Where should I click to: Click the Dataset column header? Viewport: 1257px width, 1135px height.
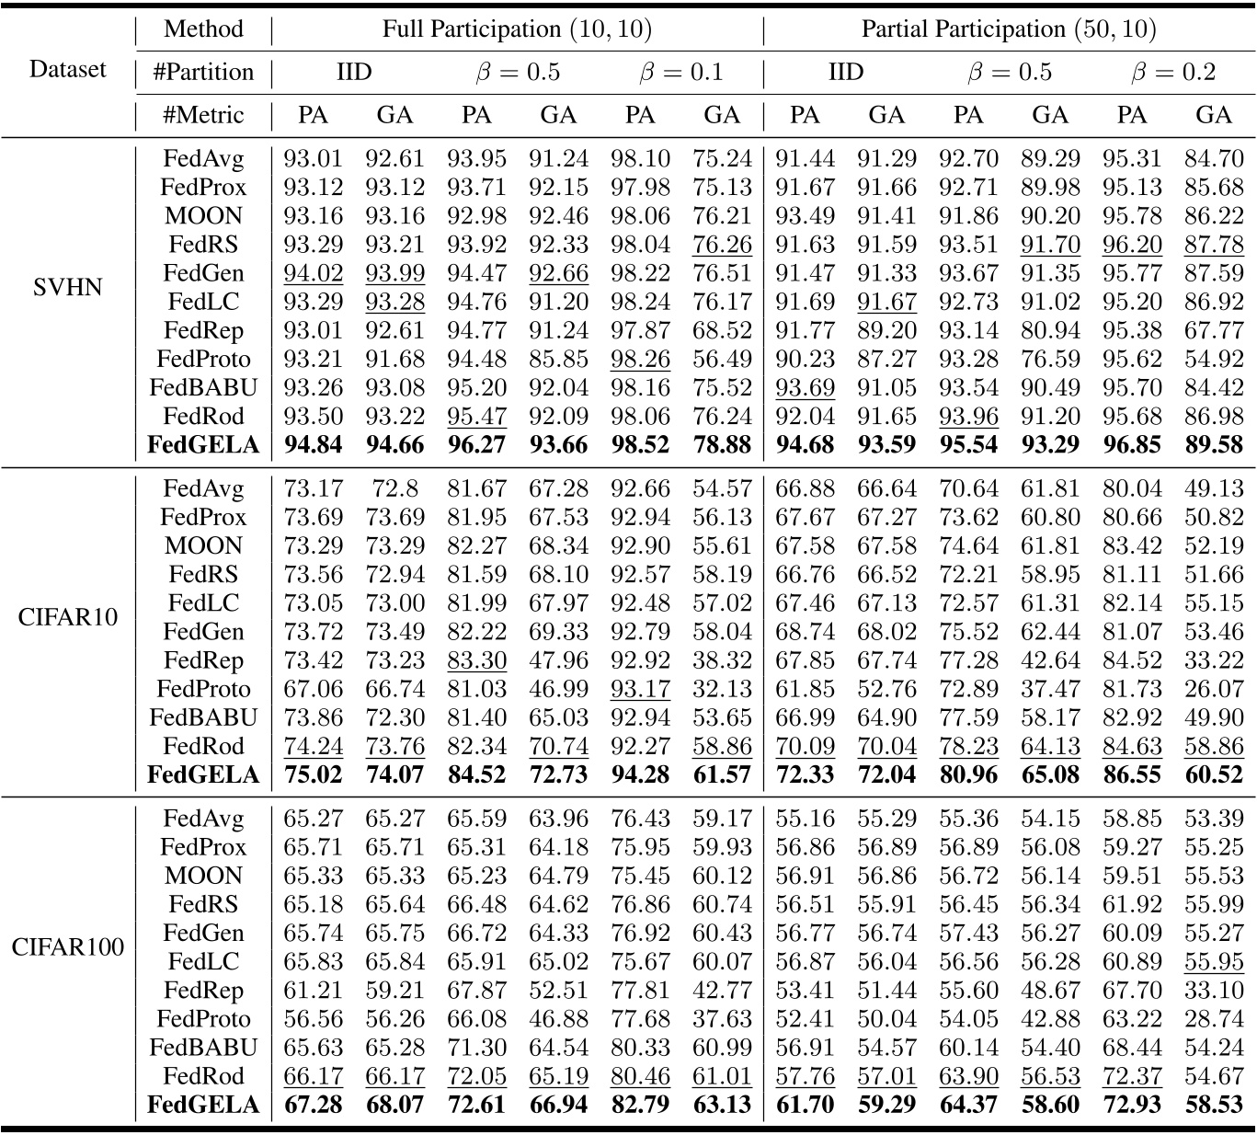click(67, 69)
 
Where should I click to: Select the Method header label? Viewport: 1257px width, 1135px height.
click(203, 29)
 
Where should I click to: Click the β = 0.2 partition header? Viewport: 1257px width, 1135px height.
click(1172, 72)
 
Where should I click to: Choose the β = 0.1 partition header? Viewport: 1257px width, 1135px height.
click(680, 72)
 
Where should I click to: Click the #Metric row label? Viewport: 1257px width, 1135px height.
click(203, 115)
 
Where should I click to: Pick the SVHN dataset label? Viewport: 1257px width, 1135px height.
click(67, 287)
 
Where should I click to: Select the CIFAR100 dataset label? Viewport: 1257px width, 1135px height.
click(67, 946)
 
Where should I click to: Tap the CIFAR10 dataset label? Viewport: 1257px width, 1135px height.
click(67, 616)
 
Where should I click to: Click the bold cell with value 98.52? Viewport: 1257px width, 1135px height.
click(640, 445)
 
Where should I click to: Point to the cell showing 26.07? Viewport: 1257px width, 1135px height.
click(1214, 689)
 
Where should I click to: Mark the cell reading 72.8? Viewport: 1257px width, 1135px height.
click(394, 488)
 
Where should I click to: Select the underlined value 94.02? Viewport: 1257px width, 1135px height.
click(313, 273)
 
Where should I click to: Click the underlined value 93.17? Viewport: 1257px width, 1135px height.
click(640, 689)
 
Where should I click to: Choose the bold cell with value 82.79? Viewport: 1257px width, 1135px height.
click(640, 1104)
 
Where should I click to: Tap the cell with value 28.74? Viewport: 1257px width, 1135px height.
click(1214, 1018)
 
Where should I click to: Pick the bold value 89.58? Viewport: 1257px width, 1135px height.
click(1214, 445)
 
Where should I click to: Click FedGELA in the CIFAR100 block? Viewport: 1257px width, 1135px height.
click(203, 1104)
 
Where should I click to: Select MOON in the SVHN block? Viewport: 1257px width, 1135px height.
click(203, 216)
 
